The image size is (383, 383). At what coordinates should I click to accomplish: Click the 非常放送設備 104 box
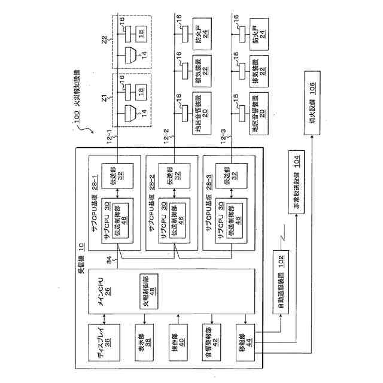pos(297,190)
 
